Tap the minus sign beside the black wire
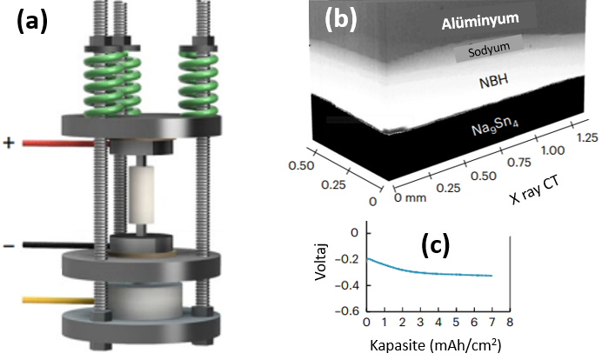(x=9, y=247)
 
